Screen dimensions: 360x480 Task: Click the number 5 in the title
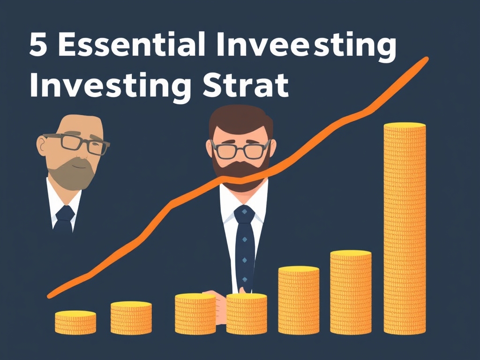pos(39,46)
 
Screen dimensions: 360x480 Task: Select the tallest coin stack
pos(405,230)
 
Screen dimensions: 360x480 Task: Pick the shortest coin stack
pos(75,322)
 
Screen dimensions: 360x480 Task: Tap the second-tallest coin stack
pos(351,293)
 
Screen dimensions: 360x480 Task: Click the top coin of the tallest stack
pos(405,126)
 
